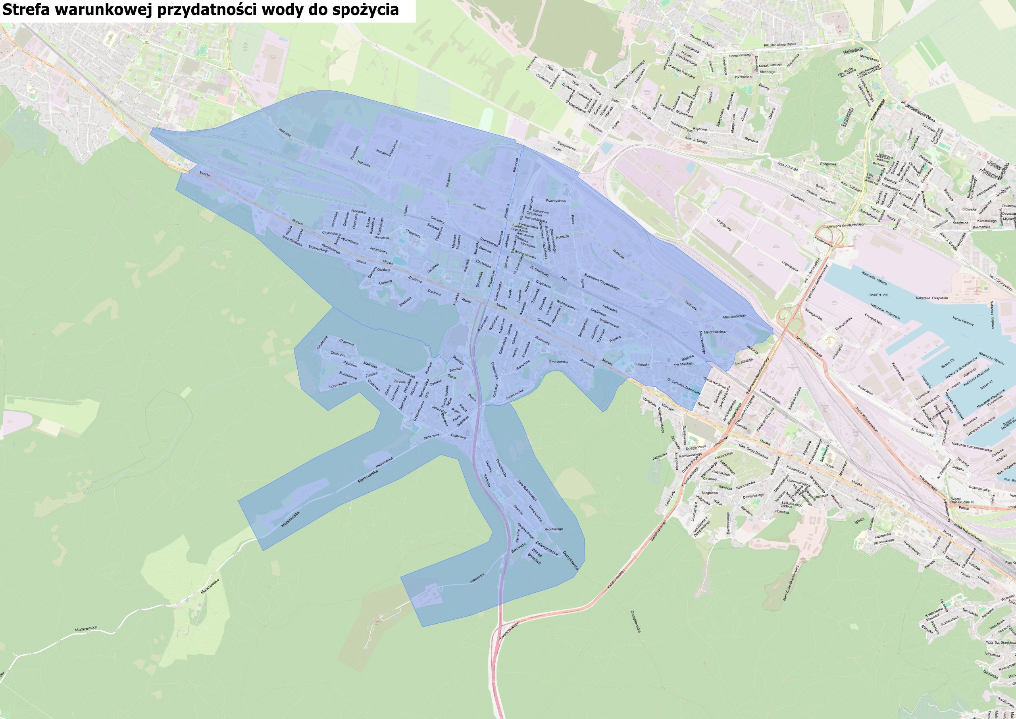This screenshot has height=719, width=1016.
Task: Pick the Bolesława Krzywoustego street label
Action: pos(601,281)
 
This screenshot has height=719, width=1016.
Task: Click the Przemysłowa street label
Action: pos(556,200)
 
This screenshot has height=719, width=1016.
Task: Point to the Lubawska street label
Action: pos(642,364)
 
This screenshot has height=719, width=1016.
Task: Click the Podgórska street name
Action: pos(828,164)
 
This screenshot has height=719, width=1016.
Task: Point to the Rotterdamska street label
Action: pos(979,490)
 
